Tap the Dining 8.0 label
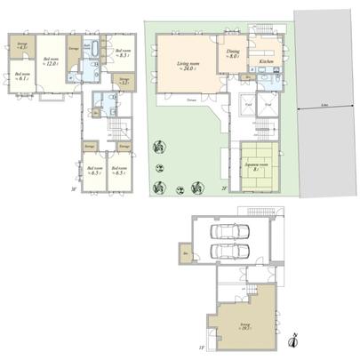coord(232,55)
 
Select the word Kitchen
coord(265,61)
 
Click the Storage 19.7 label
coord(243,327)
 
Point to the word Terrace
coord(192,100)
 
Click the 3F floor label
coord(73,188)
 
